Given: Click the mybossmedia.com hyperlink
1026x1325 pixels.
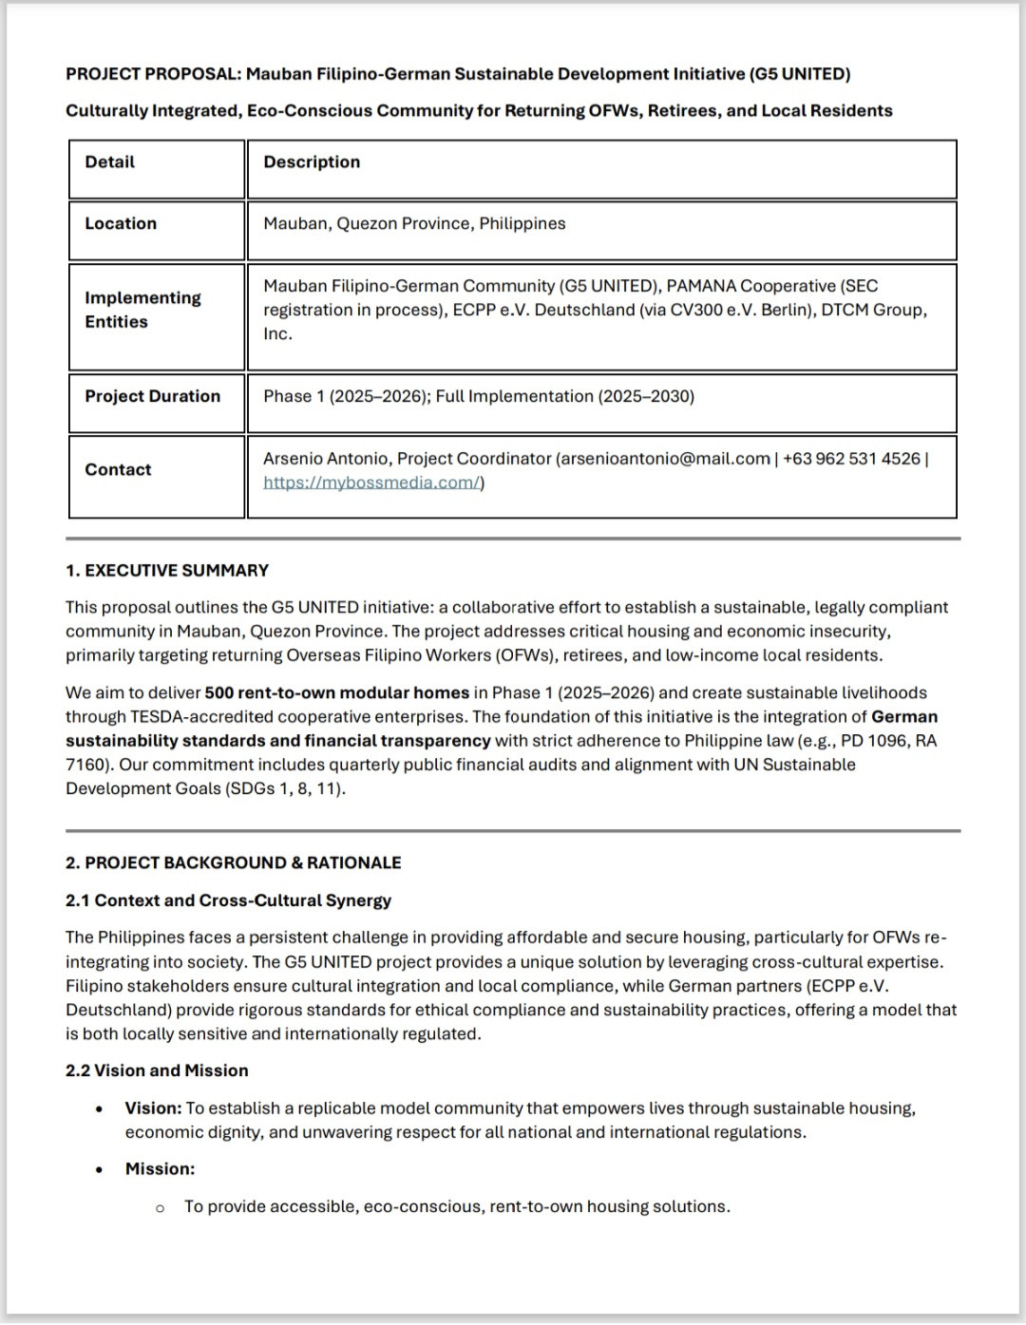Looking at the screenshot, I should [x=372, y=483].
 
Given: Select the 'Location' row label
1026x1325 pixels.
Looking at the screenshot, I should [x=121, y=224].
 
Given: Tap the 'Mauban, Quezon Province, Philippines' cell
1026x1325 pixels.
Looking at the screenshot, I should [x=414, y=224].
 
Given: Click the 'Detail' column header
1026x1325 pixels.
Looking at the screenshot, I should [x=109, y=162].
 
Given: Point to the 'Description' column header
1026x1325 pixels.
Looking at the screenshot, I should [x=312, y=162].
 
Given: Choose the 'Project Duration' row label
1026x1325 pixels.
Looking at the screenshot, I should [x=152, y=397].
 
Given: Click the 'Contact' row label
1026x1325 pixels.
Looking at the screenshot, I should [x=118, y=470].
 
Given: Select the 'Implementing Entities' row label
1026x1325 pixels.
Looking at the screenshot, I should [x=142, y=311].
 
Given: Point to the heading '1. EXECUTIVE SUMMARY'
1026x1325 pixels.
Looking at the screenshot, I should [x=167, y=571].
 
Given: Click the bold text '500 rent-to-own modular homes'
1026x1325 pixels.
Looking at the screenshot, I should [x=336, y=693].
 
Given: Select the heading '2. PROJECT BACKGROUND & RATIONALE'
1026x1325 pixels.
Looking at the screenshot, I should [x=233, y=863].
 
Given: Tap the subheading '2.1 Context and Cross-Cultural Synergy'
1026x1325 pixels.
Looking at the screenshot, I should [x=228, y=900].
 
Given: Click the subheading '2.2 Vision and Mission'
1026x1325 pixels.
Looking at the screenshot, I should [x=157, y=1071].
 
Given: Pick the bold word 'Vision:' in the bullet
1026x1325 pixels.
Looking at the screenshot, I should [x=153, y=1108].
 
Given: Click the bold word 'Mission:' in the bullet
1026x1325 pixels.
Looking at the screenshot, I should [x=160, y=1169].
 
